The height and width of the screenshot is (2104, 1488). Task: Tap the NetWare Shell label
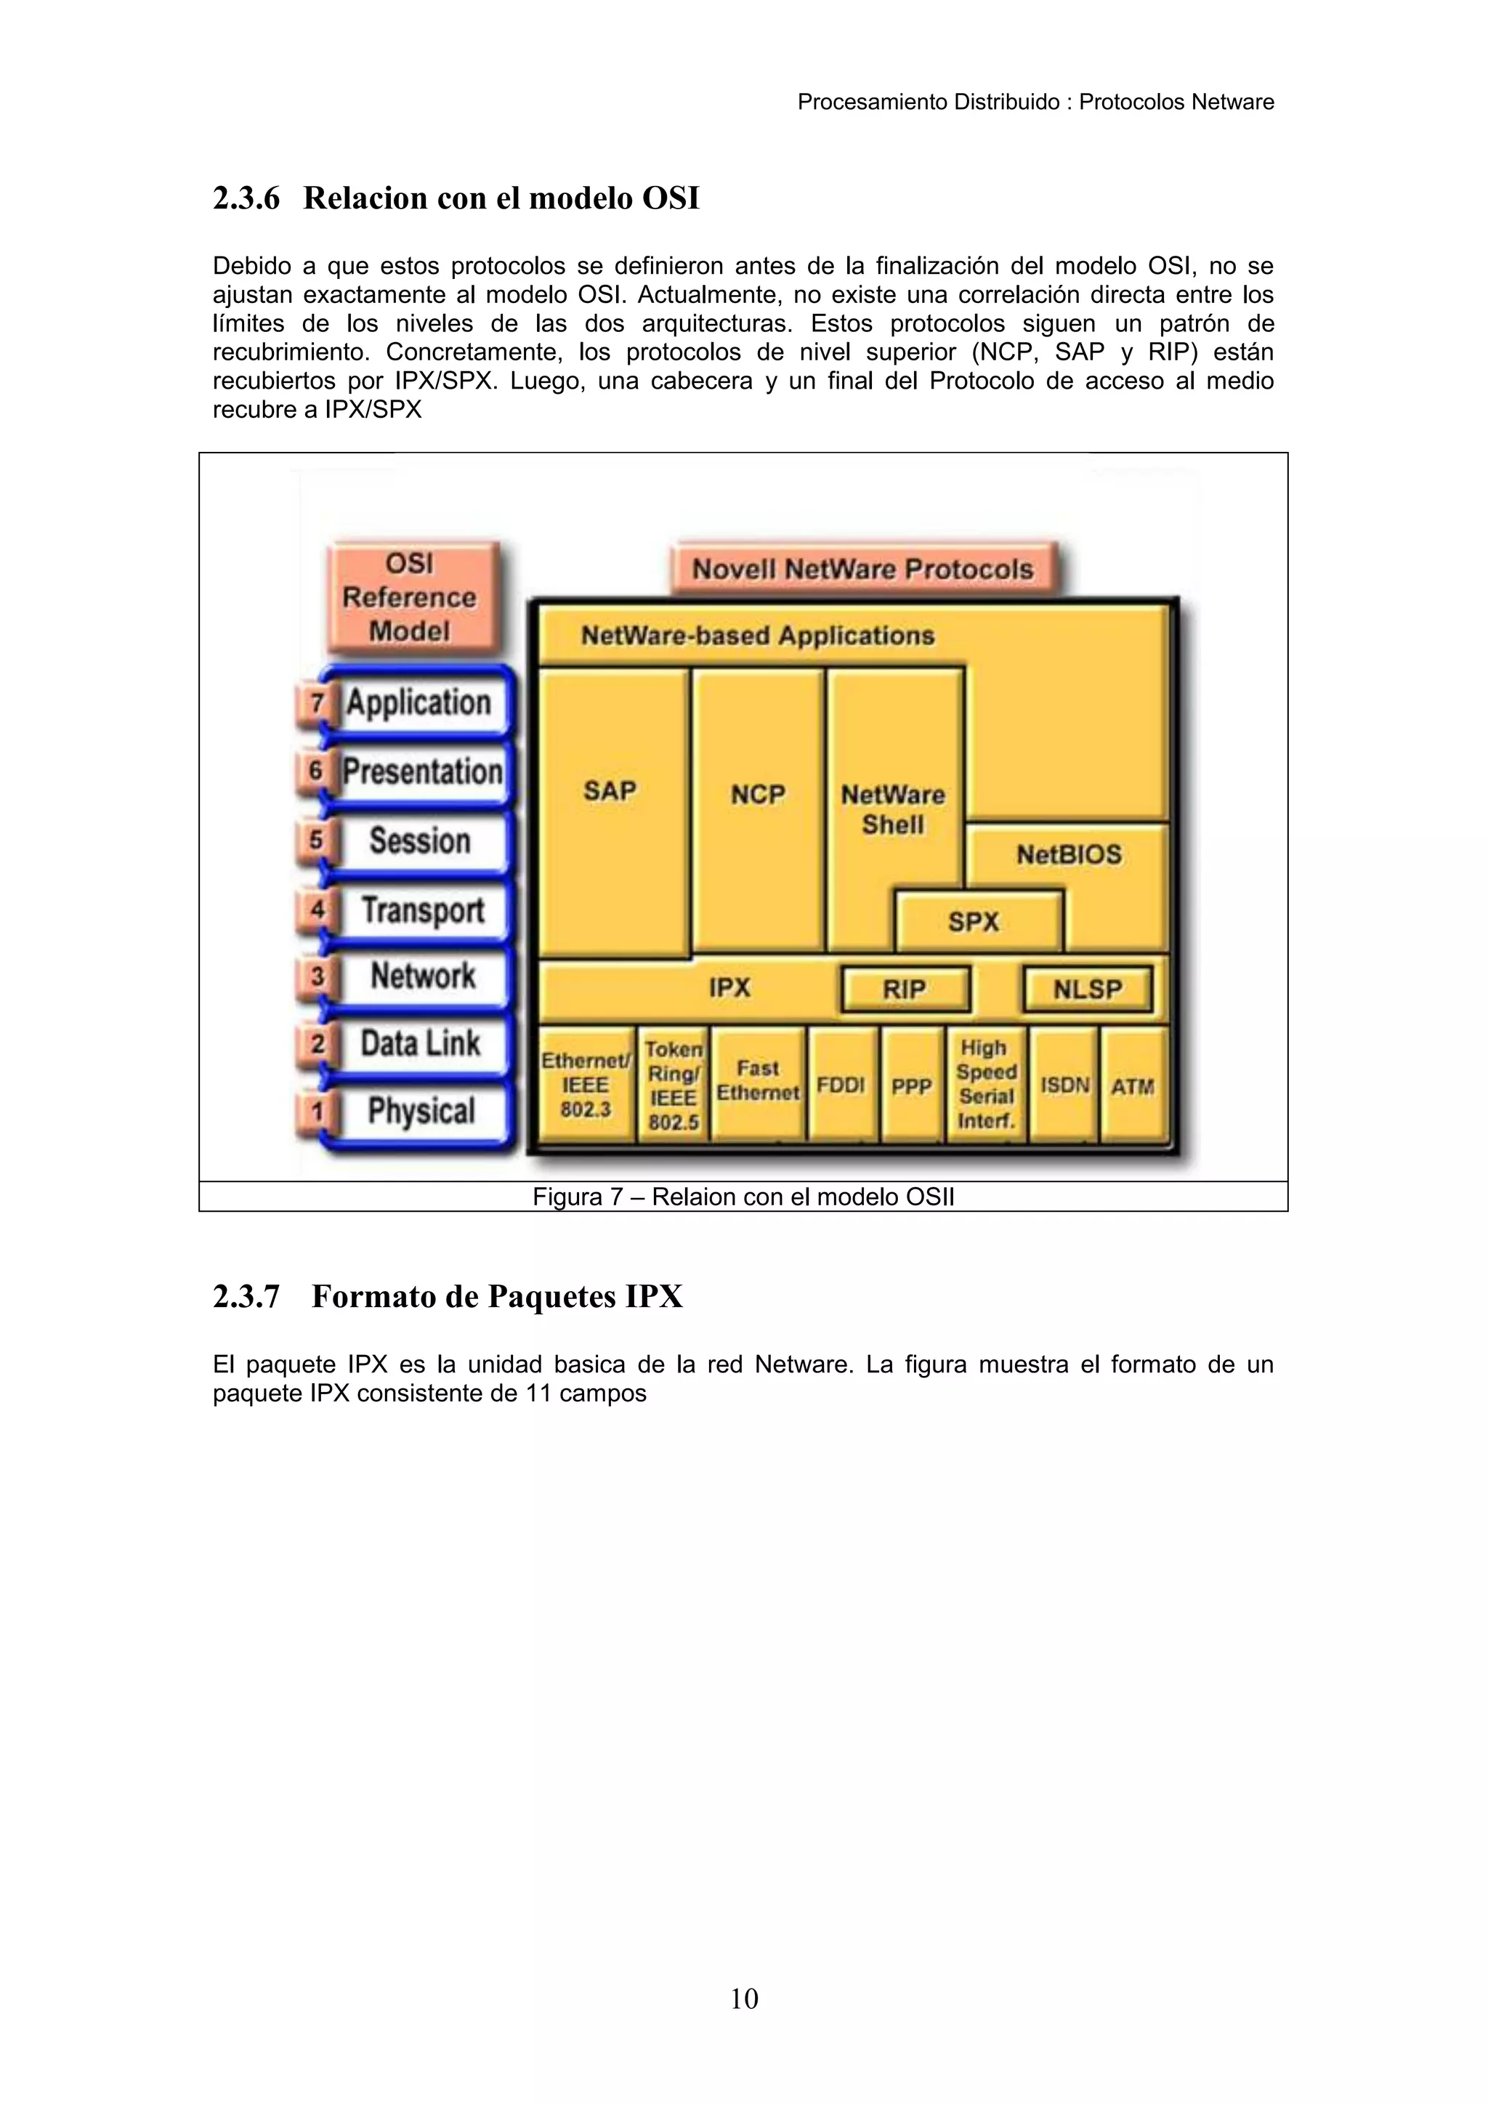click(894, 809)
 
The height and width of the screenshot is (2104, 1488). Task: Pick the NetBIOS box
click(1068, 854)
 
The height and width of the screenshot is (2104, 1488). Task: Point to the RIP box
click(905, 989)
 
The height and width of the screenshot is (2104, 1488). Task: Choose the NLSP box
click(1088, 989)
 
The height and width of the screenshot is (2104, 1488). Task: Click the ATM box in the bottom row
click(1133, 1086)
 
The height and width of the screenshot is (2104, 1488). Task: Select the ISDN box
click(1064, 1086)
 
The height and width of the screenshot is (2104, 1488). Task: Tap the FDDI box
click(841, 1086)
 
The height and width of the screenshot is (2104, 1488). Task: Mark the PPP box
click(912, 1086)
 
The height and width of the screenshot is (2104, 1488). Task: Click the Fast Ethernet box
click(758, 1081)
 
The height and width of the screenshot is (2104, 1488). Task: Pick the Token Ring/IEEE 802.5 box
click(674, 1085)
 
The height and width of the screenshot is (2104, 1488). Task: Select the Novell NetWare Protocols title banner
click(862, 569)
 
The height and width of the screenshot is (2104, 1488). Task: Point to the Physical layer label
click(421, 1111)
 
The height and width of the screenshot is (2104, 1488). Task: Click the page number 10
click(744, 1999)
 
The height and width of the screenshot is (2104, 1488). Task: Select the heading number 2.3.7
click(246, 1297)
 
